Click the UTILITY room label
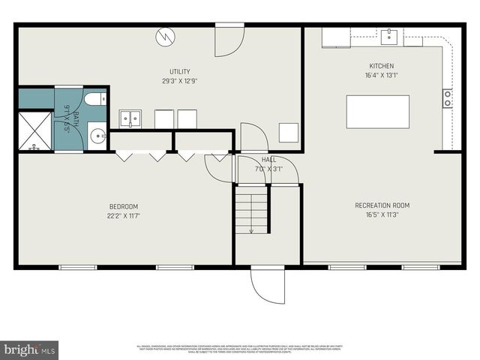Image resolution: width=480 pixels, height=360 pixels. click(x=179, y=72)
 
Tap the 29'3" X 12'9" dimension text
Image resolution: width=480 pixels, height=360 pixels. click(x=179, y=81)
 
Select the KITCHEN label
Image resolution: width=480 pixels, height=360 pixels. click(x=381, y=66)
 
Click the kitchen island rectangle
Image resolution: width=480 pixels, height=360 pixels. click(x=377, y=112)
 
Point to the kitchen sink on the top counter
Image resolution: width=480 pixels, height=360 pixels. click(x=389, y=34)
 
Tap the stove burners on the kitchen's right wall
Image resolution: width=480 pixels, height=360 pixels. click(x=448, y=97)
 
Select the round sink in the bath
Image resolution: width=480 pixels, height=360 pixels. click(x=97, y=136)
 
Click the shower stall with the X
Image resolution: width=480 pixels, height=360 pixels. click(x=34, y=131)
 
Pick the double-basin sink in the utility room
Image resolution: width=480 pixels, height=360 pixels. click(x=131, y=118)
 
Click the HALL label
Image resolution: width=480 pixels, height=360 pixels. click(x=268, y=160)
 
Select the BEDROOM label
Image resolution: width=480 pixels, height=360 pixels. click(x=124, y=206)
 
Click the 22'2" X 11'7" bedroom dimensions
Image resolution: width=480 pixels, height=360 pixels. click(x=124, y=216)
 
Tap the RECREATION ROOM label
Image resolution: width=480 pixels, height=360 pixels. click(x=382, y=205)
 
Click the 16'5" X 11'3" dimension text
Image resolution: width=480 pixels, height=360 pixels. click(x=382, y=214)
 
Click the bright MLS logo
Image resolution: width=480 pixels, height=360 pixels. click(x=30, y=349)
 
